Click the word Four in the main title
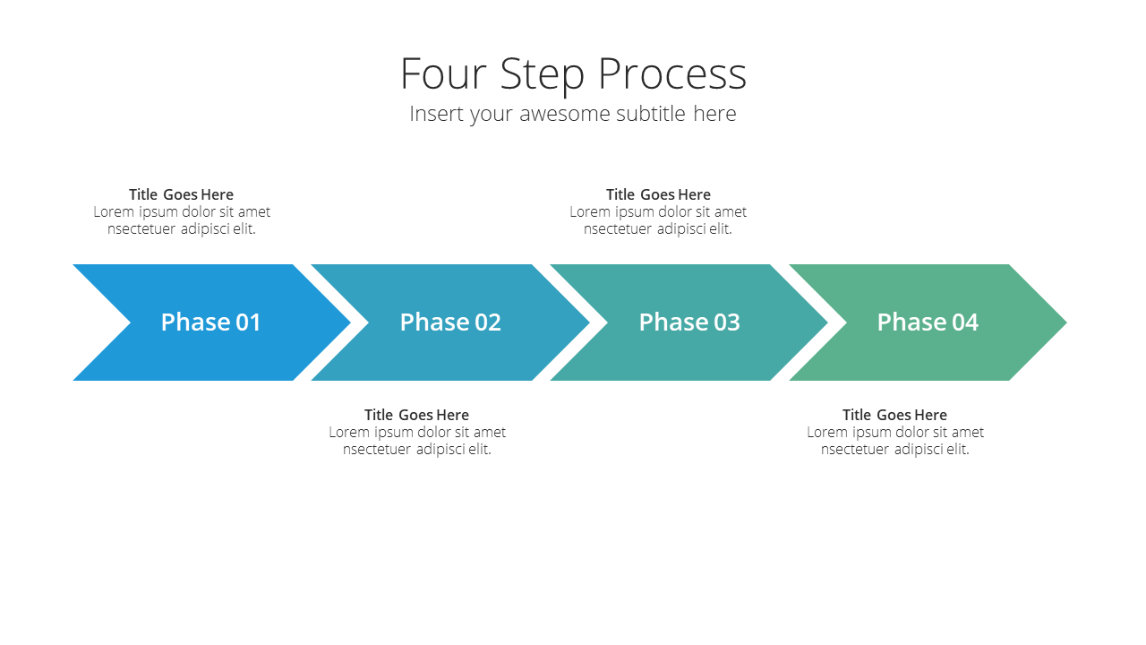coord(442,73)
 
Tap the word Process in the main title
coord(672,73)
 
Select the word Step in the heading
coord(542,76)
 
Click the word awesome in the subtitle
coord(564,114)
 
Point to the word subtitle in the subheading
coord(651,113)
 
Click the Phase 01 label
coord(210,322)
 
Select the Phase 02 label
coord(450,322)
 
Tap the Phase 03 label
coord(689,322)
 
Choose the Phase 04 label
coord(928,322)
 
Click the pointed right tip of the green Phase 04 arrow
coord(1066,322)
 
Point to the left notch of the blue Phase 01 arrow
coord(131,322)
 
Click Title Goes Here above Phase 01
coord(181,194)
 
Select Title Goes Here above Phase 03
coord(658,194)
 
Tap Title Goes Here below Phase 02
coord(416,415)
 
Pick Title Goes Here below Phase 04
coord(894,415)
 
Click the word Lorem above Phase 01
coord(114,212)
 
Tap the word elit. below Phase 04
coord(958,450)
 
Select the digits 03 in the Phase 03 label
coord(726,322)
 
